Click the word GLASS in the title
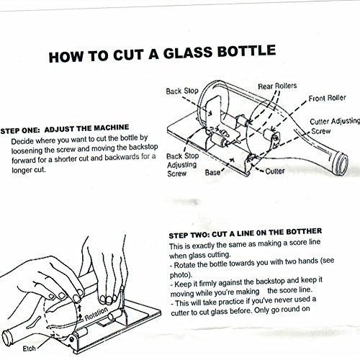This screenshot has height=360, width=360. pos(188,53)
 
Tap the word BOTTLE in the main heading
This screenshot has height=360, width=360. pos(246,51)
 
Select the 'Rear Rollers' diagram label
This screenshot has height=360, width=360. pos(277,86)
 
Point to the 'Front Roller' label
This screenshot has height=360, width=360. pos(327,98)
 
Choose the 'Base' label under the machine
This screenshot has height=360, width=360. pos(212,172)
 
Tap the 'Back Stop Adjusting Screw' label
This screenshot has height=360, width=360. pos(183,165)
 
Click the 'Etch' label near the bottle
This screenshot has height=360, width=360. pos(29,348)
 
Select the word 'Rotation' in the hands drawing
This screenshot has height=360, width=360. pos(96,313)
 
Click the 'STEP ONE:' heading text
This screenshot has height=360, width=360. pos(20,130)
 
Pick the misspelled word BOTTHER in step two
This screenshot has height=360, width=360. pos(304,232)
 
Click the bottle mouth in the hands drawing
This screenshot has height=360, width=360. pos(7,338)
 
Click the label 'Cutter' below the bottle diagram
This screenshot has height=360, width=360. pos(275,171)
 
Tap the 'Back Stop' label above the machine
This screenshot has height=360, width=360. pos(182,91)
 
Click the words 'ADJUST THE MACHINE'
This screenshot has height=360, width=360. pos(86,128)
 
